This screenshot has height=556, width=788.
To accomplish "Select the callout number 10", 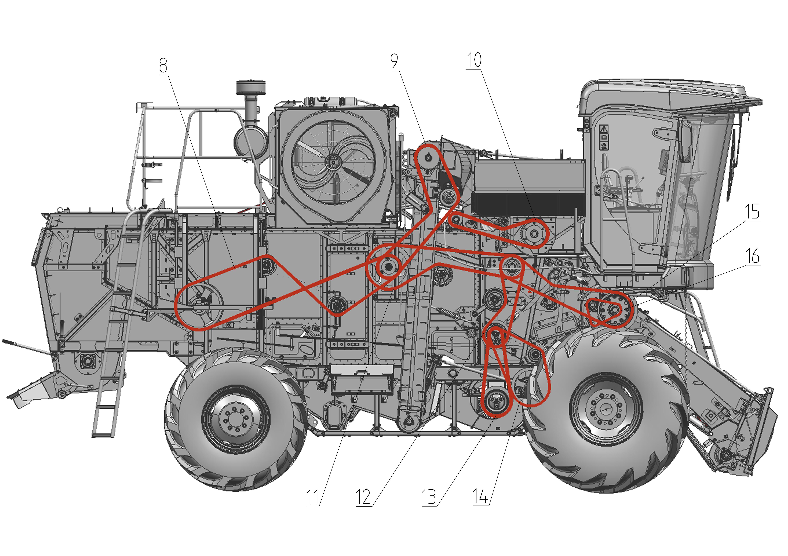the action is pos(474,60).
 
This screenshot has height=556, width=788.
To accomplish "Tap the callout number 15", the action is pos(752,212).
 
